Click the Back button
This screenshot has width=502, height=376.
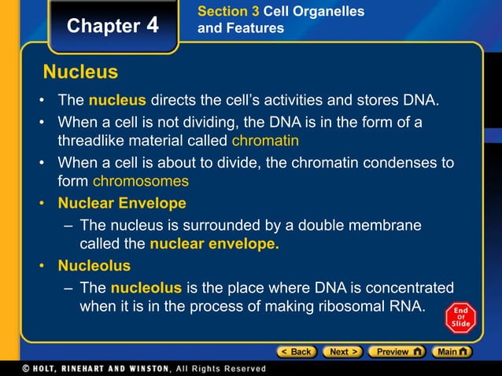tap(295, 352)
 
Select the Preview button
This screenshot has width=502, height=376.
tap(397, 352)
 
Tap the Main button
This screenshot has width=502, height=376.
tap(453, 352)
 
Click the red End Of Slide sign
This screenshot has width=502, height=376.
tap(460, 316)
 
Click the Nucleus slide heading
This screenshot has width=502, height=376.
tap(80, 73)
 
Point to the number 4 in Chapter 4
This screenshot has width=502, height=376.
tap(152, 25)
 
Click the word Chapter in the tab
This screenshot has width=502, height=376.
tap(103, 26)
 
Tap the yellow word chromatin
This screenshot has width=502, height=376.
tap(265, 142)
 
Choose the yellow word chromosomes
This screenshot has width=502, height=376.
tap(141, 181)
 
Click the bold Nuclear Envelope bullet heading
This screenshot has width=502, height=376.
tap(122, 204)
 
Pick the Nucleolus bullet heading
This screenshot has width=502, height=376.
tap(94, 265)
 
